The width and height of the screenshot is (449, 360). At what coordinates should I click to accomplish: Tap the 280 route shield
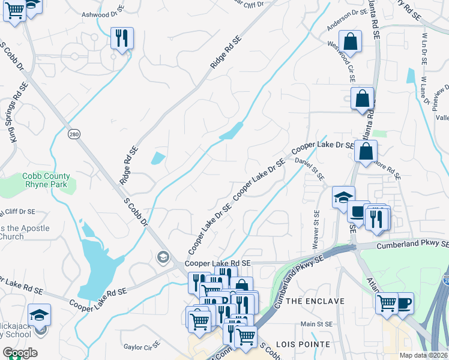[x=73, y=133]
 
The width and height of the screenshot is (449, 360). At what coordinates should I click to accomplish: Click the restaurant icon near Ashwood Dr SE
[x=122, y=38]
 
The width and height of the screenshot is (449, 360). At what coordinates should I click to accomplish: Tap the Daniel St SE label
[x=309, y=168]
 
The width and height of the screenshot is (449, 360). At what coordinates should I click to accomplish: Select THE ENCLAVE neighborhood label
[x=315, y=301]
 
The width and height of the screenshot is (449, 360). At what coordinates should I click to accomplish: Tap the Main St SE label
[x=316, y=324]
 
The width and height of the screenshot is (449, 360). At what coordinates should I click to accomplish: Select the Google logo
[x=20, y=353]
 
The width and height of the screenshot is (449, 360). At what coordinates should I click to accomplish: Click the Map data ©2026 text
[x=423, y=355]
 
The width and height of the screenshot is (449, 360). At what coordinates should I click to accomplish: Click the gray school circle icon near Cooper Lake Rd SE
[x=162, y=257]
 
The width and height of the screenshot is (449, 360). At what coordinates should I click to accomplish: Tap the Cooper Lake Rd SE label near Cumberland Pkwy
[x=217, y=263]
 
